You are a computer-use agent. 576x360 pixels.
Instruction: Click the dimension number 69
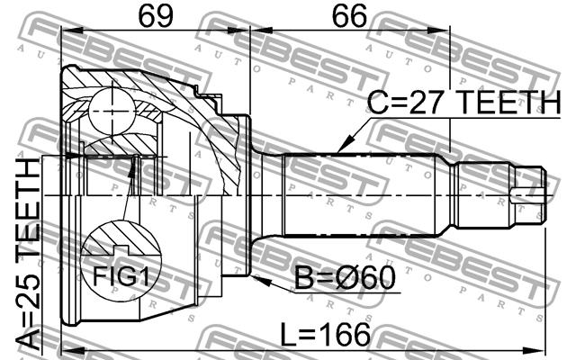click(156, 16)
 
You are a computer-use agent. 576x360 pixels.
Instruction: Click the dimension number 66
click(349, 16)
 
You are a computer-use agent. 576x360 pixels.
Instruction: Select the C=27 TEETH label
click(463, 102)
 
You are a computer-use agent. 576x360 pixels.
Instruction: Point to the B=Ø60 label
click(346, 278)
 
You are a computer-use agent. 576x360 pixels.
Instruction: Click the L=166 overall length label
click(325, 335)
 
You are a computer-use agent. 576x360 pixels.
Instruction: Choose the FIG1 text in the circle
click(121, 276)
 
